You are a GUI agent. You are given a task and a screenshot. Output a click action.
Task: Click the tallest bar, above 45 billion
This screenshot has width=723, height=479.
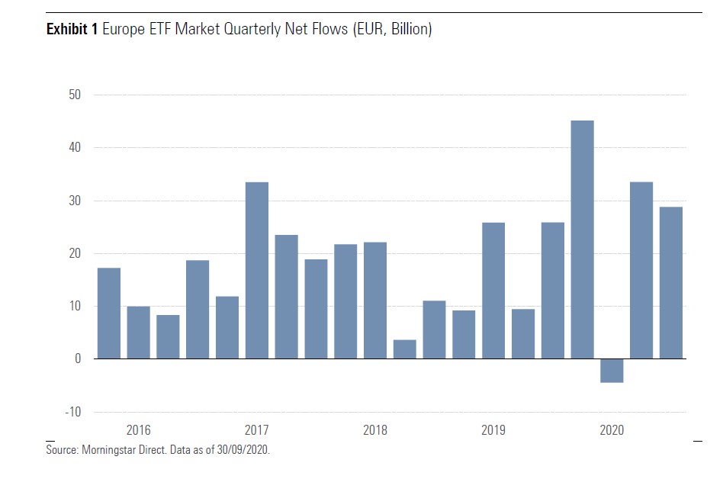click(x=583, y=239)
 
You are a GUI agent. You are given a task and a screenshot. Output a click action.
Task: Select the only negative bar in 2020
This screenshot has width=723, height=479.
click(x=612, y=371)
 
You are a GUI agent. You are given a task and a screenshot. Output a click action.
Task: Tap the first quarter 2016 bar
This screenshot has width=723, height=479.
click(x=109, y=313)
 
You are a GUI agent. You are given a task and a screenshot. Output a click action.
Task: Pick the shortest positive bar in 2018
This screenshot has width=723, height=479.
click(x=405, y=349)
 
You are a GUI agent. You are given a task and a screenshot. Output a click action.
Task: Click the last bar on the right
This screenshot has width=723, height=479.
click(x=671, y=283)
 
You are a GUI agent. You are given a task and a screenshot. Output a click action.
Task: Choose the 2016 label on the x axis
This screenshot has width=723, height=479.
click(x=138, y=430)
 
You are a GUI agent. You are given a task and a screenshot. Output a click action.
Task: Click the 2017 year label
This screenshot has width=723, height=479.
click(x=256, y=430)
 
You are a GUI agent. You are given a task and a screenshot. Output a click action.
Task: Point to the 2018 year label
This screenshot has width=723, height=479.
click(x=375, y=430)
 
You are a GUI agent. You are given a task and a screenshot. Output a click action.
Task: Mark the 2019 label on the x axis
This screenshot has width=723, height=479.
click(x=493, y=430)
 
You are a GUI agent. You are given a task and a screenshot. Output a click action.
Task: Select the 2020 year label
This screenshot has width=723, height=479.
click(x=612, y=430)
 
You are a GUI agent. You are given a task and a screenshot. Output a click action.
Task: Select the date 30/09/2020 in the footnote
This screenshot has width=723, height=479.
click(x=243, y=450)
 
